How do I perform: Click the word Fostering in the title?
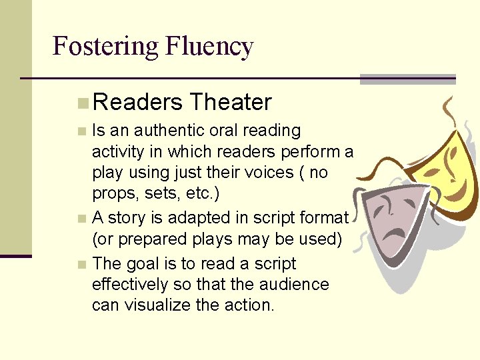pos(105,47)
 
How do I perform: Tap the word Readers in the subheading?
pos(138,102)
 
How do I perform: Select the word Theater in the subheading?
pos(230,102)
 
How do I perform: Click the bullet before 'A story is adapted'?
pos(81,219)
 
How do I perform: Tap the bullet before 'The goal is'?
pos(81,265)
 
